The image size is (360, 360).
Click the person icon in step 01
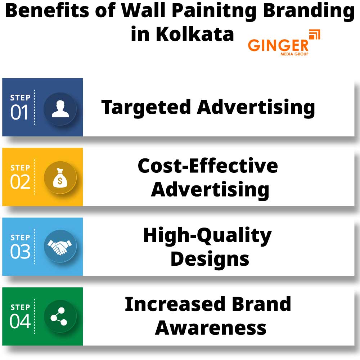[x=60, y=109]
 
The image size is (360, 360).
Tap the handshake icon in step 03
[x=60, y=247]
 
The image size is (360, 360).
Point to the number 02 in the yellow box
[x=20, y=183]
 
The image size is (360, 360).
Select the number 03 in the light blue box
[x=20, y=252]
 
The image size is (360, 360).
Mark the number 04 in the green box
[x=20, y=322]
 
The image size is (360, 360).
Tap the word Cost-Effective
[x=208, y=166]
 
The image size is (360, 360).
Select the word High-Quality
[x=207, y=236]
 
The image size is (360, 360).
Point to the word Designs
[x=210, y=259]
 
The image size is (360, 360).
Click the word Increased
[x=176, y=304]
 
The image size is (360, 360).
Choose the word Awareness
[x=211, y=328]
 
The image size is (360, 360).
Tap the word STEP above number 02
[x=20, y=168]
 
